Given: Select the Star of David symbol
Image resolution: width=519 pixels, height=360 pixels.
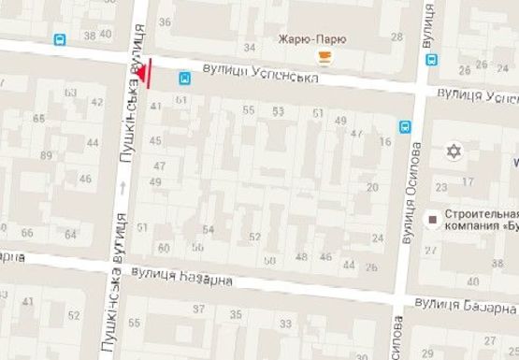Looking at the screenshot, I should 456,151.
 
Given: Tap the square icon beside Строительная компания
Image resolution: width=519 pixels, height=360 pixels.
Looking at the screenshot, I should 432,219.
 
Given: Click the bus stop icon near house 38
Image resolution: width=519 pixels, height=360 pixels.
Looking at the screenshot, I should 61,40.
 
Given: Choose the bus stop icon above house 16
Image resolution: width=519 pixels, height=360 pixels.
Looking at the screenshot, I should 406,126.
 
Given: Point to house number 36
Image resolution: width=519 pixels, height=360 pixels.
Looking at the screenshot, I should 166,21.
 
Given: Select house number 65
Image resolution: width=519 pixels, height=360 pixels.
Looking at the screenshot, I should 38,118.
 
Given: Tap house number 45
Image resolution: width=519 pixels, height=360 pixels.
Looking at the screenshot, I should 155,141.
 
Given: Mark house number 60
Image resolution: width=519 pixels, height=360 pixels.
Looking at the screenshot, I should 164,248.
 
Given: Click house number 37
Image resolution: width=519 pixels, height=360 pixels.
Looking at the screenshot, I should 198,309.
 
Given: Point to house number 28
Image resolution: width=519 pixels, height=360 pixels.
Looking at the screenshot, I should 396,37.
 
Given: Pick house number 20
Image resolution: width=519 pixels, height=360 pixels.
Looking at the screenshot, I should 372,188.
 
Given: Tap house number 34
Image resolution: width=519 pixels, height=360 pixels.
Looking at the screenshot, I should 250,47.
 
